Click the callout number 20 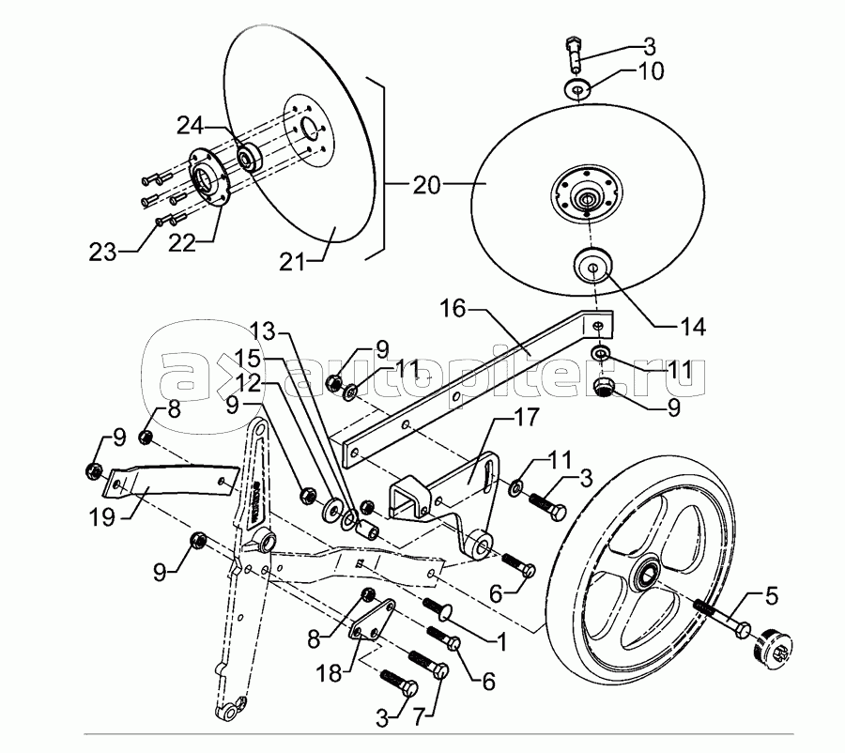click(425, 184)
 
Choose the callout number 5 click(771, 593)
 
